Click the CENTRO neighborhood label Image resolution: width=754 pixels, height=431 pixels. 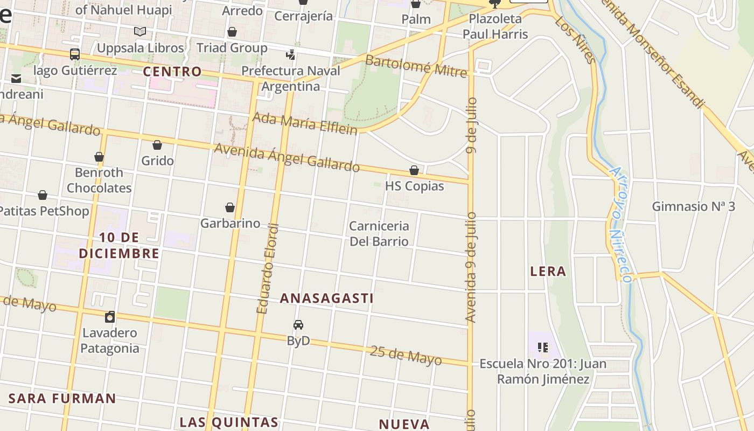[172, 71]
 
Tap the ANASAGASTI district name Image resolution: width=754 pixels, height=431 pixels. [326, 298]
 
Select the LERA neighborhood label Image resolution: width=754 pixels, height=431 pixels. [548, 271]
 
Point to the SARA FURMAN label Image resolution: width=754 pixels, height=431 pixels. [62, 398]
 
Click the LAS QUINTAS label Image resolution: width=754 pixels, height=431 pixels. [229, 422]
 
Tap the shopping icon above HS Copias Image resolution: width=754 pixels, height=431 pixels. [414, 170]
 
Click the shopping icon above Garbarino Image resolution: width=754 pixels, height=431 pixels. [230, 207]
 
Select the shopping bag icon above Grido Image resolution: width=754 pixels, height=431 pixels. [157, 145]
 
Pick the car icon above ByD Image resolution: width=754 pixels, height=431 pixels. [298, 324]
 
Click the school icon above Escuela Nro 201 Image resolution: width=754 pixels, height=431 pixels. [542, 347]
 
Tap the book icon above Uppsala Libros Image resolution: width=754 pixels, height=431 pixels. [140, 32]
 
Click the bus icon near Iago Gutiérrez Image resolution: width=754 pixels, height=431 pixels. [75, 54]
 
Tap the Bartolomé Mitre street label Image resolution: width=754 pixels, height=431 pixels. [416, 66]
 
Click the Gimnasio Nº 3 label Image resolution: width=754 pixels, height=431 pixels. [693, 206]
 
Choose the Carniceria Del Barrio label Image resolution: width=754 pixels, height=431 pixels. [379, 233]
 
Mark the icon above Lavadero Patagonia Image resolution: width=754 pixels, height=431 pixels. [110, 316]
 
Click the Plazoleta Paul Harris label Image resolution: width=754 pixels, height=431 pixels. [495, 26]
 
